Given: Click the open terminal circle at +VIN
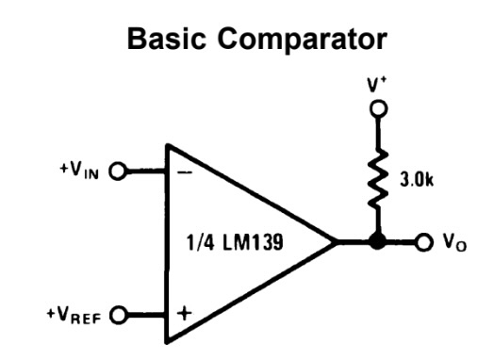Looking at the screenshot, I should point(119,172).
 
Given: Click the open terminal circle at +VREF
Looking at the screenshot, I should point(119,313).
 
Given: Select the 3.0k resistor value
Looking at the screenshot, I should point(417,180).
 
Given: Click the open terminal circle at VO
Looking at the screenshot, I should point(423,241).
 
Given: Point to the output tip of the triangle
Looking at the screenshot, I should point(336,242).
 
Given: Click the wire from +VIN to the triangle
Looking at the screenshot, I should point(146,172).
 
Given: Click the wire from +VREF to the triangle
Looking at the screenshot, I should point(146,313).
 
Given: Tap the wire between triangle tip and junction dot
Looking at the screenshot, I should point(355,242).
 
